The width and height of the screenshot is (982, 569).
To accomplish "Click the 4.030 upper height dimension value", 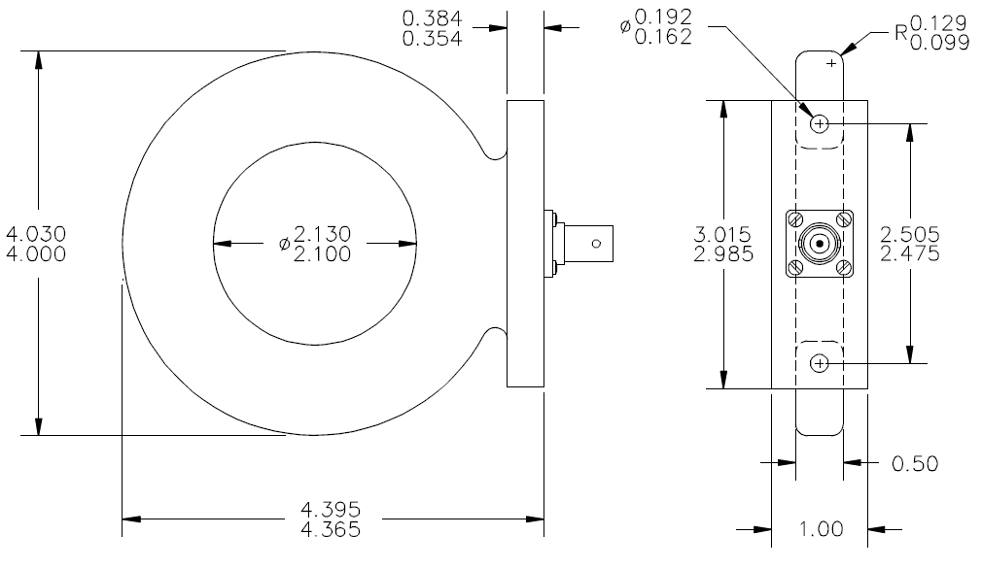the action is point(36,234).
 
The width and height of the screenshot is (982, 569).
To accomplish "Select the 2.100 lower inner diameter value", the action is point(322,254).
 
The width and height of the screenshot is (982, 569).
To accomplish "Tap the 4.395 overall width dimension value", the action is point(331,509).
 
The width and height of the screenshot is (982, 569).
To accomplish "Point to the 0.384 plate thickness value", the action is point(432,18).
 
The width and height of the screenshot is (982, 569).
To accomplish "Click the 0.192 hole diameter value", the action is point(663,17).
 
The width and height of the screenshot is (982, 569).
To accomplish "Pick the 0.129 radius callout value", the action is point(939,23).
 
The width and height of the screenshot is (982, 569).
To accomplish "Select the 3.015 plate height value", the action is point(722,234).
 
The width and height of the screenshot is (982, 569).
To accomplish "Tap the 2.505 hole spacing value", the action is point(910,234).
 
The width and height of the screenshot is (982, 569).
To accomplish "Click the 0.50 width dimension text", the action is point(915,464).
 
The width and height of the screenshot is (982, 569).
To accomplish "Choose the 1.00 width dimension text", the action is point(821,529).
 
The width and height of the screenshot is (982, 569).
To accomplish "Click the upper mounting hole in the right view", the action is point(820,124).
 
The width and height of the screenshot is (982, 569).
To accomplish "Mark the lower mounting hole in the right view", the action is point(820,362).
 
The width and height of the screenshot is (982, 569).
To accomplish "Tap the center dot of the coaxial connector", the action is point(820,243).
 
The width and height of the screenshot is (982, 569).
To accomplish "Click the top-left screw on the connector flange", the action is point(796,220).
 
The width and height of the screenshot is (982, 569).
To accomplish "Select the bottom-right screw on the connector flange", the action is point(843,268).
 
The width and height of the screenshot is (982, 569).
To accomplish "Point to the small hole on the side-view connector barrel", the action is point(596,243).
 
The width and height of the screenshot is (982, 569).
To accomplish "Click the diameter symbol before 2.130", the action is point(285,243).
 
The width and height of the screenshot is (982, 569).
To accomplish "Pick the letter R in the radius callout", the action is point(901,32).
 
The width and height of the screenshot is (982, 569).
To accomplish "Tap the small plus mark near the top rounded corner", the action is point(831,63).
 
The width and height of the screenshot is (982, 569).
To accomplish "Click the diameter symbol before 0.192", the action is point(625,26).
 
